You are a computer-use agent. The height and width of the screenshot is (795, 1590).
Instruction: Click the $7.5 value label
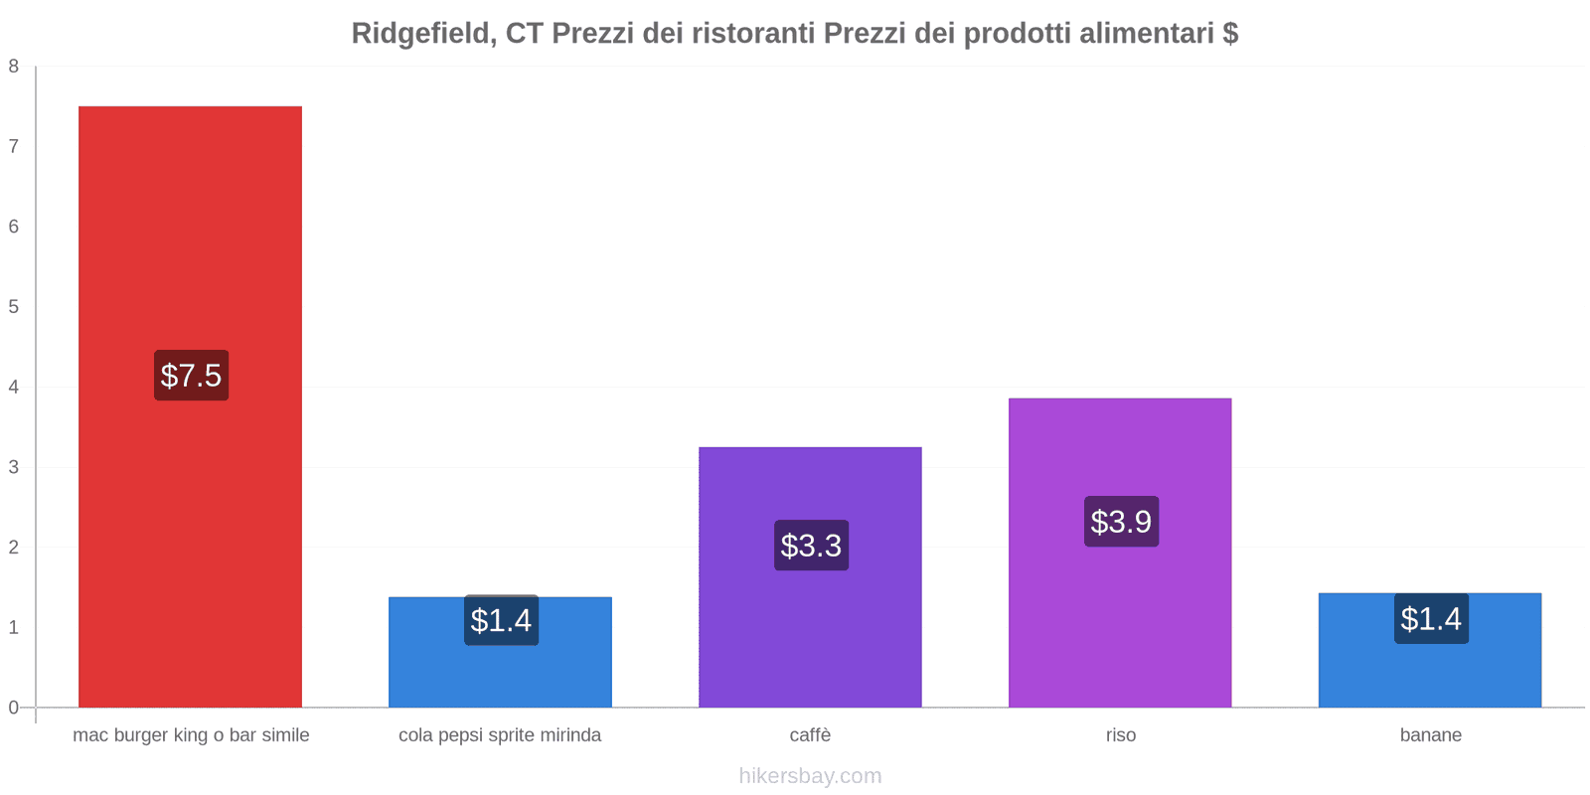pyautogui.click(x=191, y=376)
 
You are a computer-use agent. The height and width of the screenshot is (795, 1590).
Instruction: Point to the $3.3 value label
pyautogui.click(x=811, y=546)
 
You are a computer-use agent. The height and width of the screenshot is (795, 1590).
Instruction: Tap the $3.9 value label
pyautogui.click(x=1121, y=522)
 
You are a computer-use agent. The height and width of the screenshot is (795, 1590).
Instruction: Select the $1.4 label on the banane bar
pyautogui.click(x=1431, y=619)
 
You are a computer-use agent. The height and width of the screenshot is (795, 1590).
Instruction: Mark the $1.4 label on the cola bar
pyautogui.click(x=501, y=621)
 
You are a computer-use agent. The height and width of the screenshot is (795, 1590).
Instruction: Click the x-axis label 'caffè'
pyautogui.click(x=810, y=735)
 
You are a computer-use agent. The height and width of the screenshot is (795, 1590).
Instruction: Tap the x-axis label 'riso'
pyautogui.click(x=1121, y=735)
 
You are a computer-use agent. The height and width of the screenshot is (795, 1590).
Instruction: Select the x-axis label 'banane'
pyautogui.click(x=1431, y=735)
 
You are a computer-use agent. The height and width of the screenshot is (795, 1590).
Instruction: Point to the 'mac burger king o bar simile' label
pyautogui.click(x=191, y=735)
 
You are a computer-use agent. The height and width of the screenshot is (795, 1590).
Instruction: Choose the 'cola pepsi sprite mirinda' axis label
pyautogui.click(x=500, y=735)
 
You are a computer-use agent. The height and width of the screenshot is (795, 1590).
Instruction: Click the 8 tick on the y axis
pyautogui.click(x=14, y=67)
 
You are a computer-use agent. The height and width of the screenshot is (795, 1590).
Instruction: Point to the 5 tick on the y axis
pyautogui.click(x=14, y=307)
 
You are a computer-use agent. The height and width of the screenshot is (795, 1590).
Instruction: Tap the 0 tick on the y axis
pyautogui.click(x=14, y=708)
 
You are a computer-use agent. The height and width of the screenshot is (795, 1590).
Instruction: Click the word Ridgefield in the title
pyautogui.click(x=423, y=34)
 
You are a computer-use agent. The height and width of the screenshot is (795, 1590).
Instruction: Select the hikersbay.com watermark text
pyautogui.click(x=810, y=776)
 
